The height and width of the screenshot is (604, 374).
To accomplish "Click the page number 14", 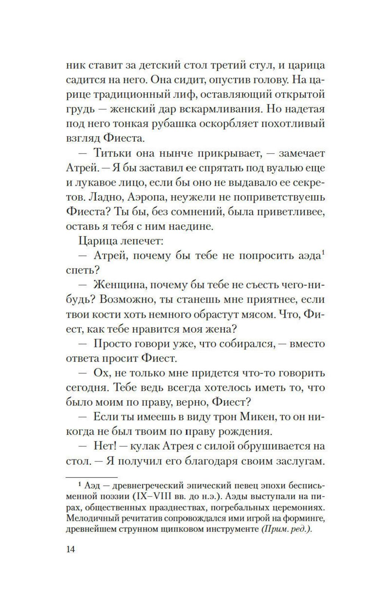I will pyautogui.click(x=70, y=549).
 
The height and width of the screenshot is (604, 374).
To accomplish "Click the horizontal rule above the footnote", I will pyautogui.click(x=91, y=477).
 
